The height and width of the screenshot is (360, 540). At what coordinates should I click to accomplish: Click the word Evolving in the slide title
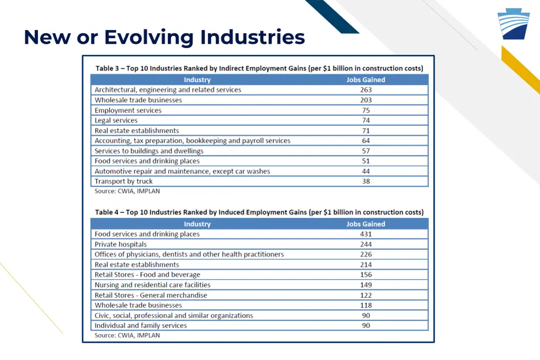(x=149, y=37)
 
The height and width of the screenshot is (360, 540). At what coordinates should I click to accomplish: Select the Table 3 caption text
(x=259, y=69)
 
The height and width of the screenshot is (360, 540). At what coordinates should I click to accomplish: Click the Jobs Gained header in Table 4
(x=365, y=224)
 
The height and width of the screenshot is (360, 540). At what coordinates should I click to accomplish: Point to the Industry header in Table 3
(x=197, y=80)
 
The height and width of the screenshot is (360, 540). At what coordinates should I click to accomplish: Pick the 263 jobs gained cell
(x=365, y=90)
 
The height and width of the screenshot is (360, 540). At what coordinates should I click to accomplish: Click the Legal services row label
(x=116, y=121)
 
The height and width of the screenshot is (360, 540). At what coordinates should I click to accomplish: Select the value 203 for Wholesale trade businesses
(x=365, y=100)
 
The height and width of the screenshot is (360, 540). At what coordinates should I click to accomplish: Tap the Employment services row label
(x=128, y=111)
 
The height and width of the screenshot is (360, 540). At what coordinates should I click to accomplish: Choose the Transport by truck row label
(x=123, y=181)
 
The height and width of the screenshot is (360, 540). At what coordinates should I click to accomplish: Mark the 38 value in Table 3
(x=365, y=181)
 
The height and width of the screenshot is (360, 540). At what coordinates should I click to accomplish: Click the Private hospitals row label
(x=121, y=245)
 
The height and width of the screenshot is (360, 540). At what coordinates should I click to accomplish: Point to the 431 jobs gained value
(x=365, y=234)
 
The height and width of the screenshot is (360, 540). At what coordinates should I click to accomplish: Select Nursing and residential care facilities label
(x=152, y=285)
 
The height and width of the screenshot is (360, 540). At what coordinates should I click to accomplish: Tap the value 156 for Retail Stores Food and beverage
(x=365, y=275)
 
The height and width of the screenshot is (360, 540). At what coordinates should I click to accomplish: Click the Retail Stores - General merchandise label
(x=151, y=295)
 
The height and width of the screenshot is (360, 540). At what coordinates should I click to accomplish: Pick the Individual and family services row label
(x=141, y=326)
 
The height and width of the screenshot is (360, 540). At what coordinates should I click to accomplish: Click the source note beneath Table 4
(x=127, y=335)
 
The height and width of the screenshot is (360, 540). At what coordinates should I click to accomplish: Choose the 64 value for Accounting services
(x=365, y=141)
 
